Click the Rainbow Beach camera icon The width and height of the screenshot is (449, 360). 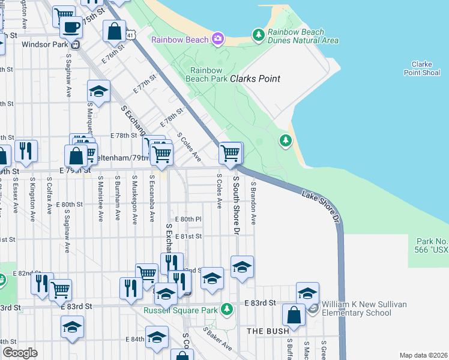[217, 40]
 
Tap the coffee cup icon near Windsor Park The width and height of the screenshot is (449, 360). [71, 27]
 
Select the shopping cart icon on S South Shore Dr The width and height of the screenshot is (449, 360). [231, 153]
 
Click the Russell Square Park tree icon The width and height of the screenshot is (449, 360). [226, 310]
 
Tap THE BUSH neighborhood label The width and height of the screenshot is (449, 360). [268, 331]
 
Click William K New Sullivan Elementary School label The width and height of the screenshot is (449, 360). [364, 308]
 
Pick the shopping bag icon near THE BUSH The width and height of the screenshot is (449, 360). [294, 314]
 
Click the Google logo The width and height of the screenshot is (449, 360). [19, 353]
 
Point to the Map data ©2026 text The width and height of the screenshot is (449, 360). [423, 355]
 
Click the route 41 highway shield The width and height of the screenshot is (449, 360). [130, 37]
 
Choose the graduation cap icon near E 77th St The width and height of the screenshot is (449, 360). [98, 91]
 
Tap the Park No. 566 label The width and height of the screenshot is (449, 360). [432, 245]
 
